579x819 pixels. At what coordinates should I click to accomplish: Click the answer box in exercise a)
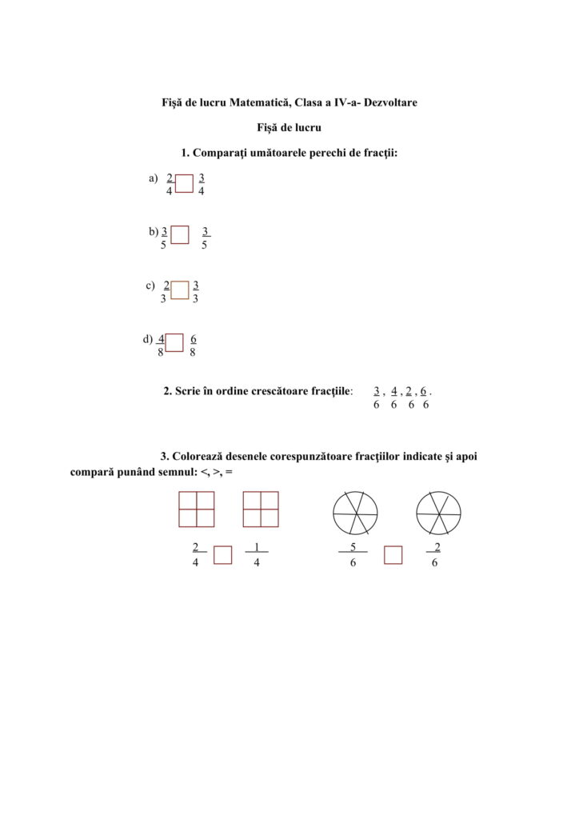pyautogui.click(x=185, y=184)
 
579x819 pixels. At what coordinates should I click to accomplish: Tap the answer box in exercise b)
pyautogui.click(x=180, y=234)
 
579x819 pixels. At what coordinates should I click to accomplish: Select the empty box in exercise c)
pyautogui.click(x=180, y=290)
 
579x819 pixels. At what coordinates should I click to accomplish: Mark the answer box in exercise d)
pyautogui.click(x=174, y=342)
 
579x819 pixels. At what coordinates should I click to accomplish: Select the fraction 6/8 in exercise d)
pyautogui.click(x=194, y=345)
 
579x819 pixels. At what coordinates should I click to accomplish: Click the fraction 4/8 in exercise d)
pyautogui.click(x=161, y=345)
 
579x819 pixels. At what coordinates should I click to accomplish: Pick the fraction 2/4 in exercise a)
pyautogui.click(x=170, y=185)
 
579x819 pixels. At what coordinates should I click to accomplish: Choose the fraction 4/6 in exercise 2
pyautogui.click(x=393, y=398)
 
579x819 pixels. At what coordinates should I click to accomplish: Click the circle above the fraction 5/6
pyautogui.click(x=355, y=513)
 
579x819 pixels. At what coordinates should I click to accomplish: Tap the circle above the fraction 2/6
pyautogui.click(x=438, y=513)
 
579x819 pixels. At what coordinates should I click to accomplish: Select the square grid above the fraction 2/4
pyautogui.click(x=197, y=509)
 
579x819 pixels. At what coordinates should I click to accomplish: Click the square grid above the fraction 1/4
pyautogui.click(x=261, y=509)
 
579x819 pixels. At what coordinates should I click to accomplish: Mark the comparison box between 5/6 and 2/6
pyautogui.click(x=393, y=554)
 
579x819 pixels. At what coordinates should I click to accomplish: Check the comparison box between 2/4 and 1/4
pyautogui.click(x=223, y=554)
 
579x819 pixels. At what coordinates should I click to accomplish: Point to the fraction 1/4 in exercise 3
pyautogui.click(x=256, y=555)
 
